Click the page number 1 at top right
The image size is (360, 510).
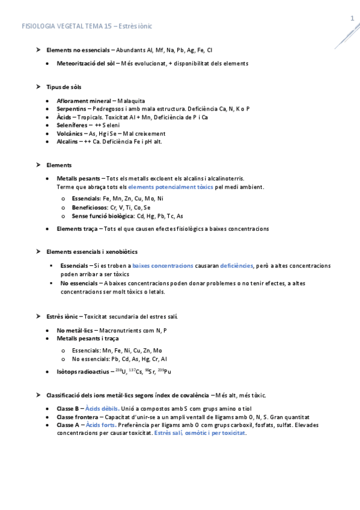352,19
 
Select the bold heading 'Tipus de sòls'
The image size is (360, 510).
64,87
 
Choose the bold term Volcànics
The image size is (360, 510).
72,134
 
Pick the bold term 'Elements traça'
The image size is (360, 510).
78,229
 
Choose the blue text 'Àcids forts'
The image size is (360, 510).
100,425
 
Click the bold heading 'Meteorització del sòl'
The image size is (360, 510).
86,63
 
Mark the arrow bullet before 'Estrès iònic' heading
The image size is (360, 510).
38,315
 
